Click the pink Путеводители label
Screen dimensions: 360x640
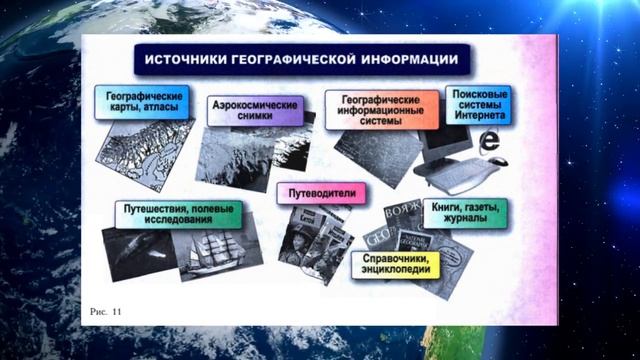320,191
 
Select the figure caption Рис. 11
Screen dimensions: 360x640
105,313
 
